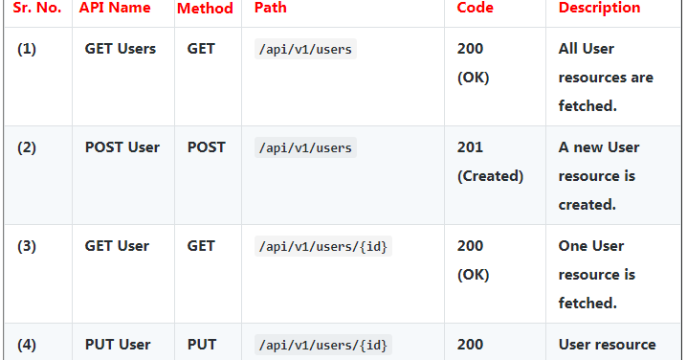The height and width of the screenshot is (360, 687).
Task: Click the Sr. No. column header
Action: tap(36, 8)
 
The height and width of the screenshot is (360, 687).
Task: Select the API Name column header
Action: tap(115, 8)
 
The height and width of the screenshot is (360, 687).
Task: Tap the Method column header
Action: tap(205, 8)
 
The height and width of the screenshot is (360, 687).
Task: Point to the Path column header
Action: tap(271, 8)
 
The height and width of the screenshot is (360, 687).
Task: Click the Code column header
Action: tap(476, 8)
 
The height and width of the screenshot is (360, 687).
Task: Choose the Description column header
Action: tap(599, 8)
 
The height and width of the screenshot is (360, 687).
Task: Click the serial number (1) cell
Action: tap(27, 49)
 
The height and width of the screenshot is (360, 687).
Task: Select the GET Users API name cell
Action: tap(121, 49)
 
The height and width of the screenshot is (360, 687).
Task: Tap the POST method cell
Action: tap(207, 147)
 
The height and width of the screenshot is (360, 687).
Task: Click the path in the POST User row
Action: tap(306, 147)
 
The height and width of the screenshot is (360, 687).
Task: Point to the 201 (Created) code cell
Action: tap(490, 162)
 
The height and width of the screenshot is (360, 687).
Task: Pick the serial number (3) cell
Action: tap(27, 246)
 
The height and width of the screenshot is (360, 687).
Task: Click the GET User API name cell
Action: tap(117, 246)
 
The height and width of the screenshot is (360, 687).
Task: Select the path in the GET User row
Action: tap(324, 246)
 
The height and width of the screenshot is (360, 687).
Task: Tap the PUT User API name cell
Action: tap(118, 345)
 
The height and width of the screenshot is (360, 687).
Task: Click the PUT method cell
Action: tap(202, 345)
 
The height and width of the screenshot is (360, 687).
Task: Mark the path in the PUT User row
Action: tap(324, 345)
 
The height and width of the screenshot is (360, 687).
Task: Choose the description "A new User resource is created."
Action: tap(599, 175)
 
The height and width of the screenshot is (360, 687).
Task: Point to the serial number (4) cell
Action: tap(27, 345)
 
